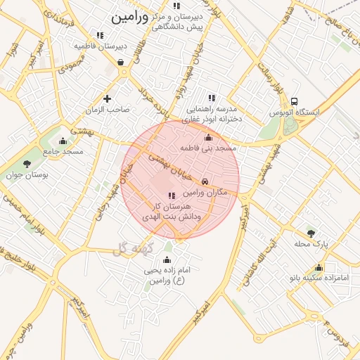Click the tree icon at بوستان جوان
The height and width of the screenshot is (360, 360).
tap(27, 164)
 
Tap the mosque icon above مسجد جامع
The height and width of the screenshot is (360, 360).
tap(63, 141)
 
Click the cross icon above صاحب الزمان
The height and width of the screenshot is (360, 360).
tap(107, 98)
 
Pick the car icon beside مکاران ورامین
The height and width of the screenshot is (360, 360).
tap(205, 181)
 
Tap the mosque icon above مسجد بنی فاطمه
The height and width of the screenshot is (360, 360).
tap(208, 137)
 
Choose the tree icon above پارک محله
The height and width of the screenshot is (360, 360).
tap(311, 233)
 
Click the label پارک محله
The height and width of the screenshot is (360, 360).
tap(311, 244)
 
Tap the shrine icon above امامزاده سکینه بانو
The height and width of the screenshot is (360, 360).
tap(319, 267)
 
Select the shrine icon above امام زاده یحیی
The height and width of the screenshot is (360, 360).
tap(167, 259)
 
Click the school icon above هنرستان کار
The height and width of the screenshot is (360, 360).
tap(172, 195)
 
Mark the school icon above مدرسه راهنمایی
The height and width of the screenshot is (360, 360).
tap(211, 98)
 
